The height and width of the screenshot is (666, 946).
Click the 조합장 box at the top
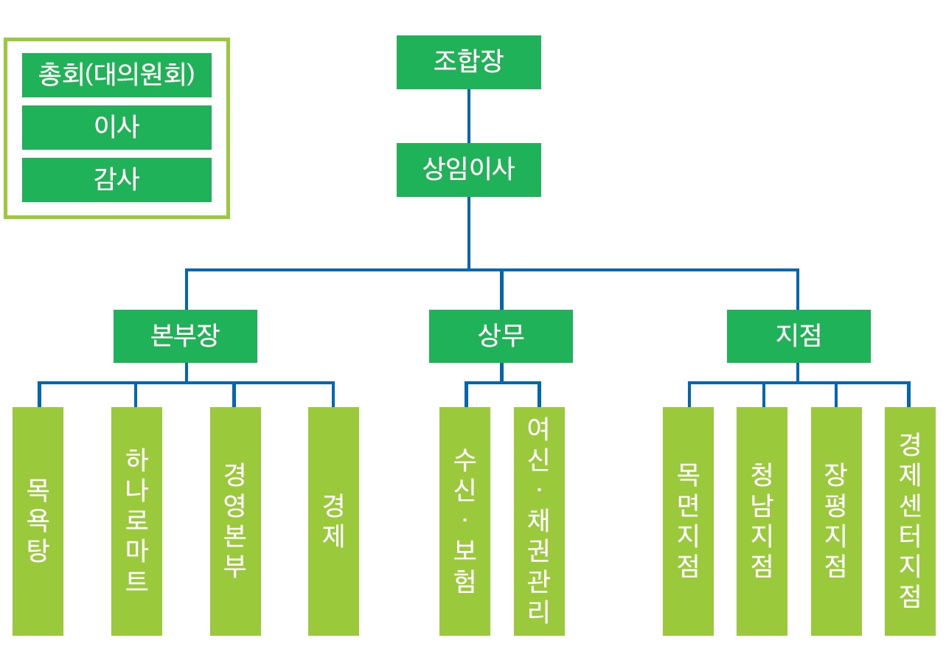[468, 63]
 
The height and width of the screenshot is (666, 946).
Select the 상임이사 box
[468, 170]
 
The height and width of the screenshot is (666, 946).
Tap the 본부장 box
[185, 336]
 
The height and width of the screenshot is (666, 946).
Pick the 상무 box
[501, 336]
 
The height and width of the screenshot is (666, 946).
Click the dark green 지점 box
[799, 336]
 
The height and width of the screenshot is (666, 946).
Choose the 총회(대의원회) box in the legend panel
[116, 75]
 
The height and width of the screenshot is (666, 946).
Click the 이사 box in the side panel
[116, 128]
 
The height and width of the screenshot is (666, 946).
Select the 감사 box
[116, 180]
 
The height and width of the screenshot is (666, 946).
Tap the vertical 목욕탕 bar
[38, 521]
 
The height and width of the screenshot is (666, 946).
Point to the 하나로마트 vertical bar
[136, 521]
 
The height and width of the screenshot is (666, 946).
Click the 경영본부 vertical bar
[235, 521]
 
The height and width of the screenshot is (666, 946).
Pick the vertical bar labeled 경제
[333, 521]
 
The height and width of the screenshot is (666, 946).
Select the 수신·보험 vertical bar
[465, 521]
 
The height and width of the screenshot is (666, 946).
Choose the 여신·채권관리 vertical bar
[539, 521]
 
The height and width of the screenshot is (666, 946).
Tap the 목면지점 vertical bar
[688, 521]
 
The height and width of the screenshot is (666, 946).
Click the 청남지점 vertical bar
[762, 521]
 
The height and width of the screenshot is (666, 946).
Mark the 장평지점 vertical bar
[836, 521]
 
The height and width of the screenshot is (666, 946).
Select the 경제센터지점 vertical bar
[910, 521]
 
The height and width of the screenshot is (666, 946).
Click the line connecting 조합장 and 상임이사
[469, 117]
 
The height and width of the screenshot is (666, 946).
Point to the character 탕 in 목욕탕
[38, 551]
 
